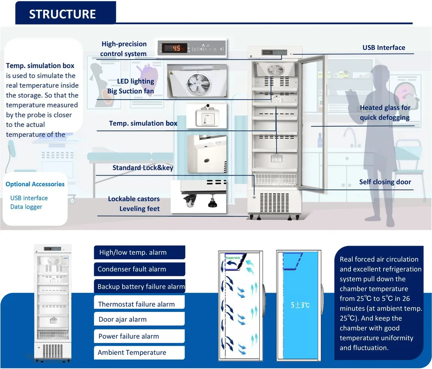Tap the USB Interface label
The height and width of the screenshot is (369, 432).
click(x=384, y=48)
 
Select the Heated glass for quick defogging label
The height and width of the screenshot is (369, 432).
click(x=385, y=113)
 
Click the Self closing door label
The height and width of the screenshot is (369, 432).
click(x=385, y=182)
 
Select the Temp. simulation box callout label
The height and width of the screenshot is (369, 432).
click(x=143, y=123)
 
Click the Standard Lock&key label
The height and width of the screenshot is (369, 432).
click(x=143, y=168)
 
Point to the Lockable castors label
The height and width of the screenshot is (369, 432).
click(x=134, y=199)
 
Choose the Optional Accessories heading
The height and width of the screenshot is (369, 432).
click(x=35, y=184)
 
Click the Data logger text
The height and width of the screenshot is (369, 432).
click(x=26, y=207)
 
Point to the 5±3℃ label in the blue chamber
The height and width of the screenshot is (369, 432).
click(x=300, y=305)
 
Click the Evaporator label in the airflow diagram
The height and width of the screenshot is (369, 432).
click(x=233, y=258)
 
